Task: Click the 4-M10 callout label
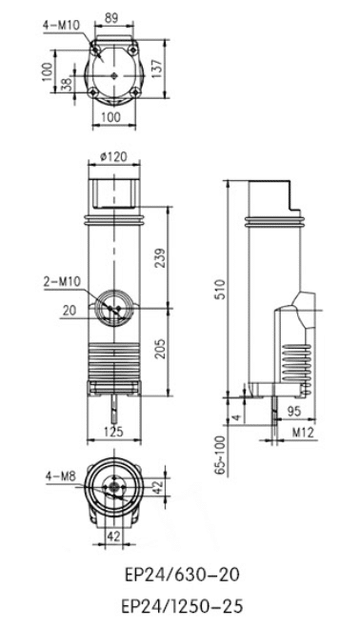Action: [x=62, y=25]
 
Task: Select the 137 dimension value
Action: [x=157, y=69]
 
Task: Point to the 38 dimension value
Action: [x=67, y=83]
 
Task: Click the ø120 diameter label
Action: [x=113, y=155]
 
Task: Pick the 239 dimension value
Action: [x=159, y=259]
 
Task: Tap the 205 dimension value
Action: [x=159, y=349]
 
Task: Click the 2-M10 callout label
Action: [x=62, y=281]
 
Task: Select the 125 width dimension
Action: [x=113, y=432]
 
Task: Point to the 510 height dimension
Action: [x=220, y=290]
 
